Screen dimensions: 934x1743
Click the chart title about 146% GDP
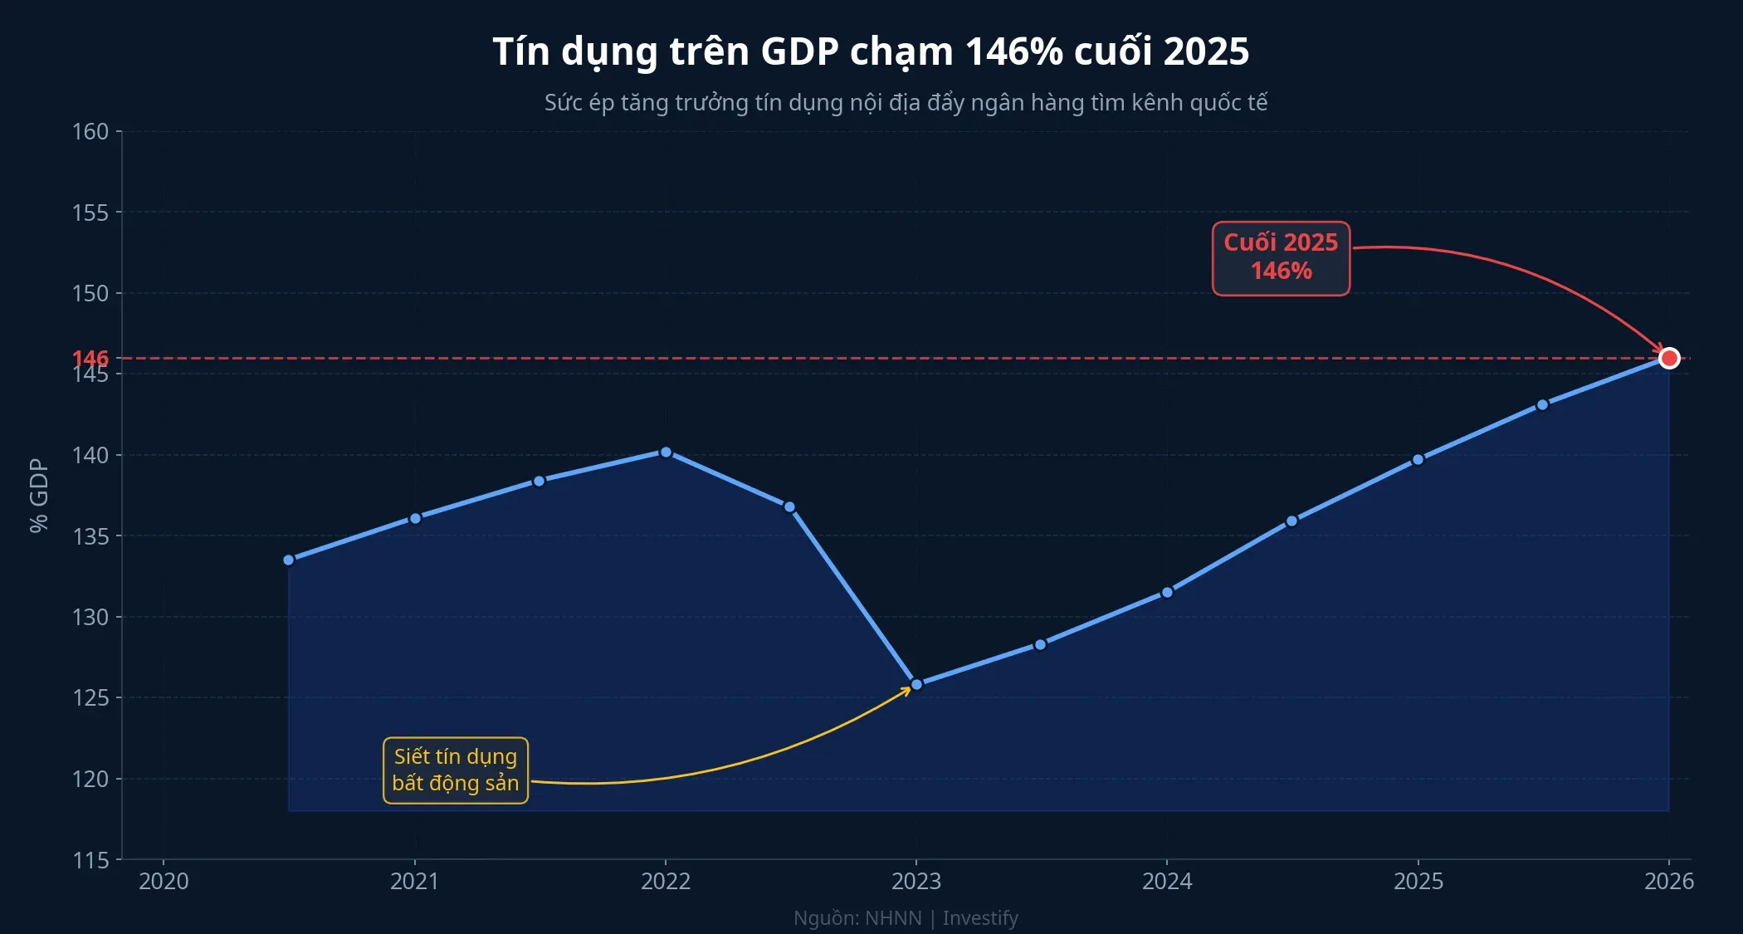pos(871,51)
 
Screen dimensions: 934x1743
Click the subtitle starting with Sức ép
pos(906,103)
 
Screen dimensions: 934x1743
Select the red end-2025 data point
pos(1668,358)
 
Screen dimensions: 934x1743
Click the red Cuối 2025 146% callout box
pos(1281,257)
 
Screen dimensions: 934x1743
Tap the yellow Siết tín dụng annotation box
pos(455,770)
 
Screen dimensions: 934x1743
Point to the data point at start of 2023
pos(916,685)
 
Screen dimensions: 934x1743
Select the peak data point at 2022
pos(666,452)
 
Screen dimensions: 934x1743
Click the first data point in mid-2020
pos(289,560)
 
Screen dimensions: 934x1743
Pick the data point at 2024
pos(1167,593)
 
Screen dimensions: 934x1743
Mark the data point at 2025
pos(1418,460)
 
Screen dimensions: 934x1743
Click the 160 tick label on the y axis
pos(90,132)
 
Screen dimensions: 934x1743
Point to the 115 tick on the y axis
pos(90,860)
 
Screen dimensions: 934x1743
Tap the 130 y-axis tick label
pos(90,618)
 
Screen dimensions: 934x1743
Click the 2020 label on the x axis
pos(164,882)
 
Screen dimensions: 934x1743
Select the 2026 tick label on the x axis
pos(1668,882)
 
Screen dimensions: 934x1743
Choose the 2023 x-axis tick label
pos(916,882)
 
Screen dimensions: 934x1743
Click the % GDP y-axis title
pos(39,496)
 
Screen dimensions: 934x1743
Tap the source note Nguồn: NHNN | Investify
pos(906,918)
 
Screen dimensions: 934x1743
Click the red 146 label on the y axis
pos(90,358)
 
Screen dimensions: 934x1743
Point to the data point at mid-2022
pos(789,507)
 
